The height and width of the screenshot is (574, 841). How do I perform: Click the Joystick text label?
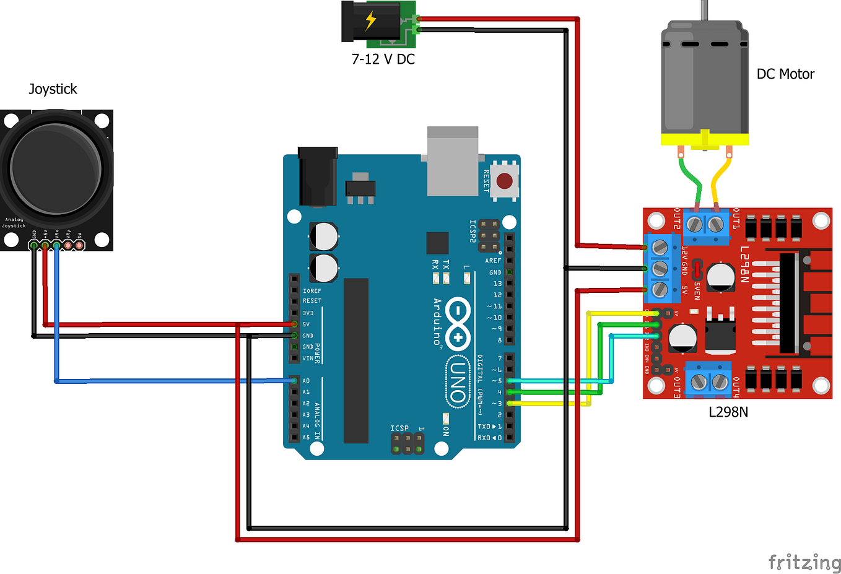click(x=53, y=89)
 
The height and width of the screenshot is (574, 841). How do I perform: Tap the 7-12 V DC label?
click(x=383, y=59)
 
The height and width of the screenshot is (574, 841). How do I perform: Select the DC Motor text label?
click(x=785, y=74)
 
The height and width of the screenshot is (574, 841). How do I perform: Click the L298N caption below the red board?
click(x=728, y=412)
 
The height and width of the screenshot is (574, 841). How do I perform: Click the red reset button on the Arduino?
click(x=505, y=181)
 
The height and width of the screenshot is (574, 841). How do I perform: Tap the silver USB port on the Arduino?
click(x=452, y=162)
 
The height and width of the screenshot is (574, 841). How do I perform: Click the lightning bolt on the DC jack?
click(x=370, y=20)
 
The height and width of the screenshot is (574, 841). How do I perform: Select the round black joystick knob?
click(x=56, y=168)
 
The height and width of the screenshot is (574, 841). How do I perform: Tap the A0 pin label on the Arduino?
click(x=306, y=381)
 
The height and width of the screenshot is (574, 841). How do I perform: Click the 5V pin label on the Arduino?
click(x=306, y=324)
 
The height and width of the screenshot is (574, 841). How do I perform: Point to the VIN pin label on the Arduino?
click(x=307, y=359)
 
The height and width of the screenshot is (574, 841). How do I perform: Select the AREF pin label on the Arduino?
click(x=493, y=261)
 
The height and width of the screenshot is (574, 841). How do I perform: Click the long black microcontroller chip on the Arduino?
click(x=356, y=360)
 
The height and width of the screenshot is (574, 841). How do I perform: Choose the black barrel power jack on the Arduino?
click(x=318, y=176)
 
